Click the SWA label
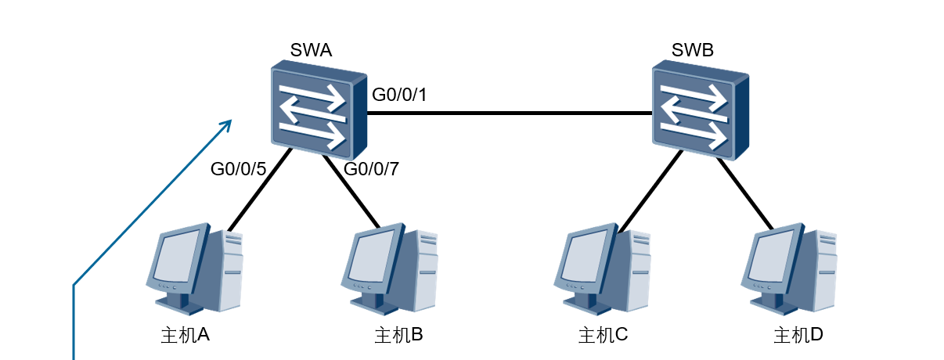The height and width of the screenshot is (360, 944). click(x=311, y=50)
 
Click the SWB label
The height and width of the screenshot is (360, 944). click(x=693, y=50)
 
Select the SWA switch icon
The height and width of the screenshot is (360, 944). click(x=319, y=110)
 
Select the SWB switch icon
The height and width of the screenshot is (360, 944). click(x=701, y=110)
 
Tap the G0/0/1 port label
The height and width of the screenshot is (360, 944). click(x=399, y=95)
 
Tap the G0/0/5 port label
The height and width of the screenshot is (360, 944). click(x=239, y=169)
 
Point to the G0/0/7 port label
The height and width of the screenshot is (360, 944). click(x=371, y=169)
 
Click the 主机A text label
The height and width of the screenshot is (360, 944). click(x=186, y=335)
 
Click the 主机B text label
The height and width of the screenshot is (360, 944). click(x=398, y=335)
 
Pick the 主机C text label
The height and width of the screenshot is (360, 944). click(x=603, y=335)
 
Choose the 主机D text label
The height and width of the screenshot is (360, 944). click(x=798, y=335)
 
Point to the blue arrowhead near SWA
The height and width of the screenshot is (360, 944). click(x=227, y=124)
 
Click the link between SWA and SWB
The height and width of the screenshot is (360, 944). click(x=510, y=113)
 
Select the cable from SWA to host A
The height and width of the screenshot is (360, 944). click(x=260, y=189)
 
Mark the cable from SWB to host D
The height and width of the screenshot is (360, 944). click(x=745, y=194)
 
